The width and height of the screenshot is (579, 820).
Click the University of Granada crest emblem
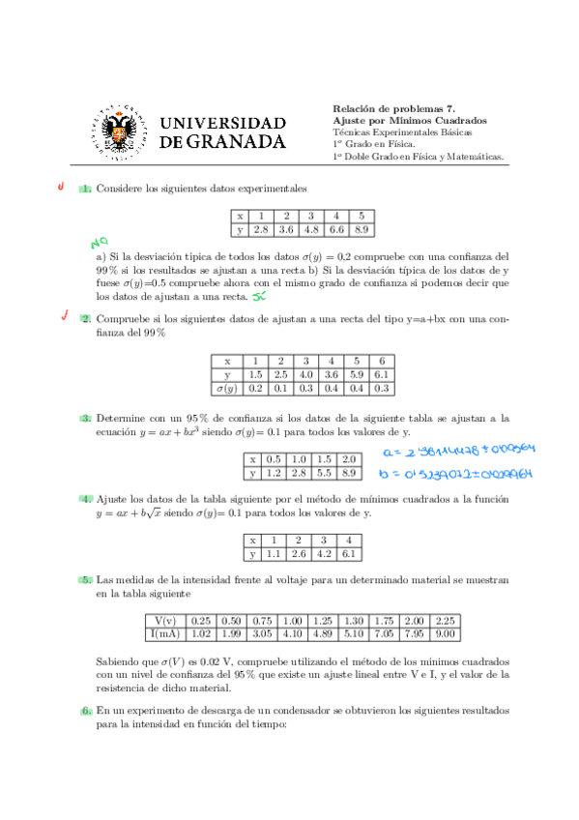pyautogui.click(x=121, y=132)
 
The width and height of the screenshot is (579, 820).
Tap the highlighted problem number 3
pyautogui.click(x=87, y=418)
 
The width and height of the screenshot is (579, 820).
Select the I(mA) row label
pyautogui.click(x=165, y=633)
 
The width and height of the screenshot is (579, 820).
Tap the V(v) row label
pyautogui.click(x=165, y=620)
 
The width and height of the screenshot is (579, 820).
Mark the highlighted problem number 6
pyautogui.click(x=87, y=710)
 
